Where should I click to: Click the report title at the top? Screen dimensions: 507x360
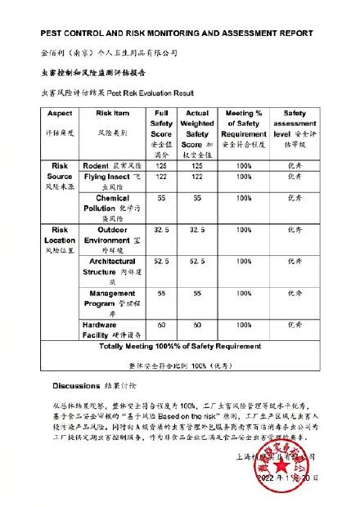coord(177,34)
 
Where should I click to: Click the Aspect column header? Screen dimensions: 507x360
coord(60,122)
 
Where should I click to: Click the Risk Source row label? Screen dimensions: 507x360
coord(60,176)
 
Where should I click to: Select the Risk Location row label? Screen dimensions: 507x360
coord(60,240)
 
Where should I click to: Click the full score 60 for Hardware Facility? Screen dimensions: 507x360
coord(162,325)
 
